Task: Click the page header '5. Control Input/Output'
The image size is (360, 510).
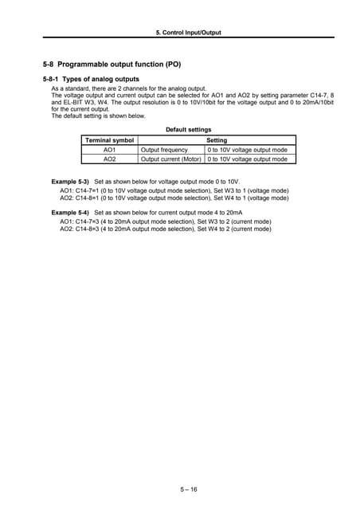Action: tap(188, 33)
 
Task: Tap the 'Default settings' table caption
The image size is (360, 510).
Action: tap(188, 129)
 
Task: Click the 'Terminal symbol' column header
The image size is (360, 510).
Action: tap(110, 139)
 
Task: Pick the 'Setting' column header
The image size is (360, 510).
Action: tap(217, 139)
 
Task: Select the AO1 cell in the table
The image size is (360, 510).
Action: tap(110, 149)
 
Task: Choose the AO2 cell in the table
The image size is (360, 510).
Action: tap(110, 159)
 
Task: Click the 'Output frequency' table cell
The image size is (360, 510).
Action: tap(165, 149)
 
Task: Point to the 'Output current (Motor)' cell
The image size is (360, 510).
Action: tap(171, 159)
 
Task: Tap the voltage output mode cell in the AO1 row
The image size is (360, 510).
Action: tap(247, 149)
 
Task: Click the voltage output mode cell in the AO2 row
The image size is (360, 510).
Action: tap(247, 159)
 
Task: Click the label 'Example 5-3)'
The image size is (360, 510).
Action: tap(70, 182)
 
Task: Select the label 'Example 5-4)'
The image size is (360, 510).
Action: tap(70, 214)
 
